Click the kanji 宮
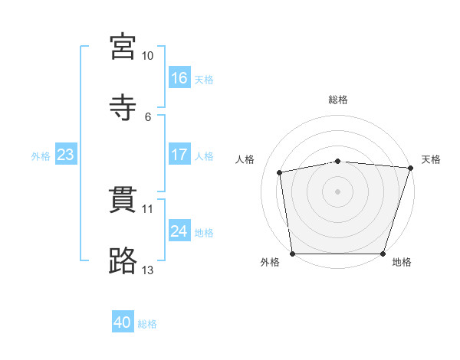(x=123, y=46)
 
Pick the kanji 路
(x=123, y=260)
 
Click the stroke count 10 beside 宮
(x=148, y=56)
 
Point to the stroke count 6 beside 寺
(x=148, y=117)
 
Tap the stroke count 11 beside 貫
(x=148, y=208)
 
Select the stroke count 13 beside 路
(x=148, y=270)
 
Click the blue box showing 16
(x=179, y=78)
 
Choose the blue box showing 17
(x=179, y=155)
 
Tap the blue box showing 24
(x=179, y=231)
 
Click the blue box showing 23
(x=66, y=155)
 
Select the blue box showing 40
(x=123, y=323)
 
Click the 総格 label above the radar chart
(x=338, y=100)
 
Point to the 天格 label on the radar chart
(x=431, y=159)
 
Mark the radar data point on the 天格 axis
(x=411, y=168)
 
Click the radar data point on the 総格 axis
(x=338, y=161)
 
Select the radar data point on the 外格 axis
(x=292, y=254)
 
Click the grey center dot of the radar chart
(x=338, y=191)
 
